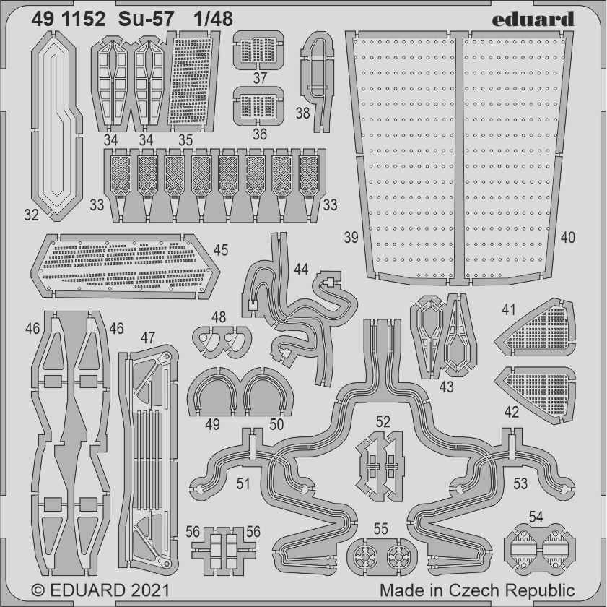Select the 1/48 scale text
click(x=214, y=19)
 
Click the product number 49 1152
click(x=71, y=19)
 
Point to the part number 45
click(x=221, y=250)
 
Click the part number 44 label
click(x=301, y=270)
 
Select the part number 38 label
click(x=302, y=113)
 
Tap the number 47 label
click(x=147, y=337)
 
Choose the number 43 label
click(x=446, y=387)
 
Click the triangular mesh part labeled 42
click(x=539, y=385)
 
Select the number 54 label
click(x=536, y=517)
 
